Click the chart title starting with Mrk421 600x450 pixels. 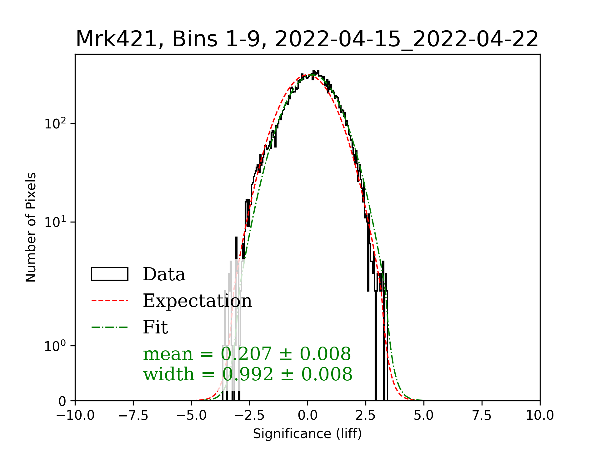(x=307, y=39)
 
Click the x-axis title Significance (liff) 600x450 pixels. (x=307, y=434)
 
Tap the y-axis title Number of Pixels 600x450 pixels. (x=31, y=227)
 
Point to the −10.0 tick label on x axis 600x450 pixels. (x=75, y=416)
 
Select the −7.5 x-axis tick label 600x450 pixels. (x=133, y=416)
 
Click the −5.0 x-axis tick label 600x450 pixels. (x=191, y=416)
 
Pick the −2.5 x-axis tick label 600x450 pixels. (x=249, y=416)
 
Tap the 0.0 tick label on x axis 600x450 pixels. (x=307, y=416)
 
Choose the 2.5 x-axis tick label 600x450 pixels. (x=366, y=416)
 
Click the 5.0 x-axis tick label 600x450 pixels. (x=424, y=416)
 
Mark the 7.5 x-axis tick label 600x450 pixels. (x=482, y=416)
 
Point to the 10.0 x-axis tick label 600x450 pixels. (x=540, y=416)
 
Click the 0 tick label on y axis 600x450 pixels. (x=62, y=401)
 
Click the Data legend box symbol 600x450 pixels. (x=110, y=274)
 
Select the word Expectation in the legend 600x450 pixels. (x=197, y=301)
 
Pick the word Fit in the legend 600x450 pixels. (x=155, y=327)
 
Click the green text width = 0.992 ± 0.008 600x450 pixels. (x=247, y=374)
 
